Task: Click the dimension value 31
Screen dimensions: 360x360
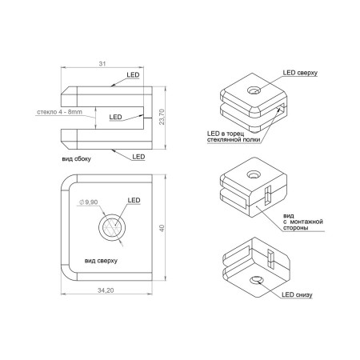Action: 102,64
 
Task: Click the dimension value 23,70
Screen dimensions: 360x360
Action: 162,117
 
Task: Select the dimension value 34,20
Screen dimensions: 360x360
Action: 106,290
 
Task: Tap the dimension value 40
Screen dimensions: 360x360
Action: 162,228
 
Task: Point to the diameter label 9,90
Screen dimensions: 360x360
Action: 89,202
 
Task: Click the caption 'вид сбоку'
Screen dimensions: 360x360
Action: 77,159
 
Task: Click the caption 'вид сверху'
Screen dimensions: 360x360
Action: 101,261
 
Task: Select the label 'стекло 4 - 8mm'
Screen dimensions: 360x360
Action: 59,112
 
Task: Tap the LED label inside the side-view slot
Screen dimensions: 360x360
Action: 115,117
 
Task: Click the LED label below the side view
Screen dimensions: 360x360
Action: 138,157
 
